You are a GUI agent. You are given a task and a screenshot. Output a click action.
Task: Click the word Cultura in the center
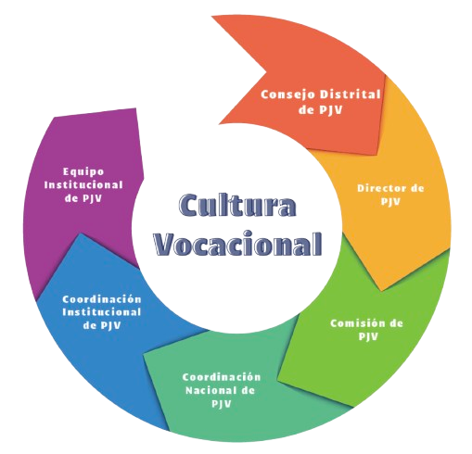[x=237, y=205]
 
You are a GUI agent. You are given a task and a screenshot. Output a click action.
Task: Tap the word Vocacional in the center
[x=238, y=243]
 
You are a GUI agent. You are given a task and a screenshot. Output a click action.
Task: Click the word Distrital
[x=350, y=95]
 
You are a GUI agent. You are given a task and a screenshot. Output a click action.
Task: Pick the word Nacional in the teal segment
[x=211, y=390]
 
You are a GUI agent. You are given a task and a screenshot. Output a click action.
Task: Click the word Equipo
[x=83, y=172]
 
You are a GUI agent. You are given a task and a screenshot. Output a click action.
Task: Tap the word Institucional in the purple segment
[x=83, y=185]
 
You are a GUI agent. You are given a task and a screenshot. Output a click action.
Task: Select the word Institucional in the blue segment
[x=102, y=312]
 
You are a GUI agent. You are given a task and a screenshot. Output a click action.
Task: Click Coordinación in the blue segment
[x=102, y=299]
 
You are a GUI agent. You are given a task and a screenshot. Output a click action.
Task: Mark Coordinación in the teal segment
[x=222, y=377]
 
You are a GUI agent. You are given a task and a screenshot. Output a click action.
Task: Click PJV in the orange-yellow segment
[x=390, y=202]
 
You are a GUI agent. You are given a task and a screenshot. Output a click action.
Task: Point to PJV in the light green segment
[x=368, y=336]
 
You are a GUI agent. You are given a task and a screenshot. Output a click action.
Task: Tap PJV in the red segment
[x=332, y=110]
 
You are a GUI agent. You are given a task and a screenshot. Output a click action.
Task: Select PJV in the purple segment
[x=92, y=198]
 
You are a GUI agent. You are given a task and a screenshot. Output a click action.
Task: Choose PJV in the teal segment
[x=222, y=404]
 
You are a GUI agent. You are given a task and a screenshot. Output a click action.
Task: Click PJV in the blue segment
[x=110, y=325]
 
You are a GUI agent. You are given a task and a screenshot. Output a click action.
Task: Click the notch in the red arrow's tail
[x=266, y=72]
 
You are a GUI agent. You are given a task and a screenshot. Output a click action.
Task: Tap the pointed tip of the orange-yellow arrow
[x=382, y=290]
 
